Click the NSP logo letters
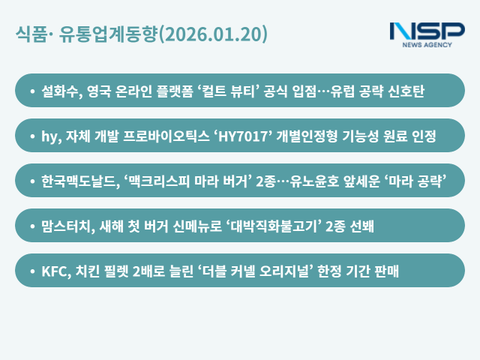(427, 31)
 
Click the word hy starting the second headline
(50, 136)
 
